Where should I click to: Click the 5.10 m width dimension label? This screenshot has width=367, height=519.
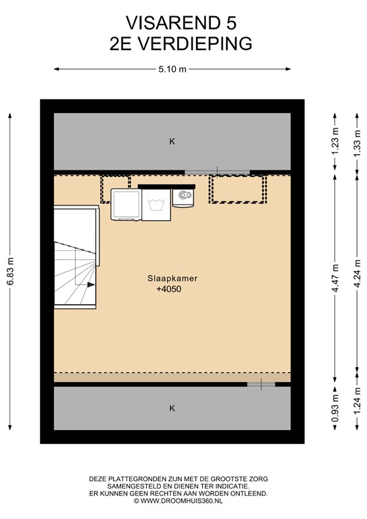pos(172,69)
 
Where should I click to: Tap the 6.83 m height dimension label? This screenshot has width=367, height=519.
pos(10,271)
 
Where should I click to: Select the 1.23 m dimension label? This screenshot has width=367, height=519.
pos(335,141)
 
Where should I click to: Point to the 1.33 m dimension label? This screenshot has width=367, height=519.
pos(357,144)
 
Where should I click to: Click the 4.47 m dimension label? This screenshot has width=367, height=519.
pos(335,278)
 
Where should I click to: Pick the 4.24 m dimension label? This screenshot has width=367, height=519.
pos(357,274)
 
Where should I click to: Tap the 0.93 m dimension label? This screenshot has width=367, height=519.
pos(335,408)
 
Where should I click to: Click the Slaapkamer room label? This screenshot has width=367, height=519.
pos(172,278)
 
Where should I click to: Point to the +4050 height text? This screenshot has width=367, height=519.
pos(169,289)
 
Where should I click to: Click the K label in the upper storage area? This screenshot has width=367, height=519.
pos(172,142)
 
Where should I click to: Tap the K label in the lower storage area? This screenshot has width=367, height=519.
pos(172,408)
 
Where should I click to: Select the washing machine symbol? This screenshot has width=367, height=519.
pos(156,205)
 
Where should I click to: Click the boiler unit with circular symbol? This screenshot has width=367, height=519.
pos(183,198)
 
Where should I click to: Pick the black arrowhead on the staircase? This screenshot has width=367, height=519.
pos(91,285)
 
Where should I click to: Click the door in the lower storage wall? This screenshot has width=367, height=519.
pos(261,385)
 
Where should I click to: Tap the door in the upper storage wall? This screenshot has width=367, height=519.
pos(217,172)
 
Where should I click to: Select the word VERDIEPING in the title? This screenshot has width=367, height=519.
pos(195,44)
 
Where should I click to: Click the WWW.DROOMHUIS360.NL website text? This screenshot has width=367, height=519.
pos(181,501)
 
